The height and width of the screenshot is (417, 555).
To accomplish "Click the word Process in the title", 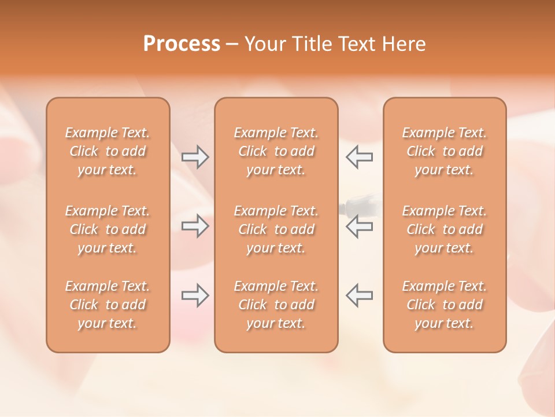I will coord(182,44).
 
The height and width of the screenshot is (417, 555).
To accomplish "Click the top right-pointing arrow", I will coord(195,156).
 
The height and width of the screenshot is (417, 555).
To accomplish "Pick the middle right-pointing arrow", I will coord(195,226).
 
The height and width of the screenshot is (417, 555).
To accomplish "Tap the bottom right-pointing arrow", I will coord(195,295).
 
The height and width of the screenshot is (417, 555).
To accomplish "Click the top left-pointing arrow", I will coord(360,156).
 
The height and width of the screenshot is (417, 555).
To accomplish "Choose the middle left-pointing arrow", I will coord(360,226).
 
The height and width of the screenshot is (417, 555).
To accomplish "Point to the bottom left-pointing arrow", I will coord(360,295).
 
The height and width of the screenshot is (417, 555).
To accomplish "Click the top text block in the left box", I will coord(108,151).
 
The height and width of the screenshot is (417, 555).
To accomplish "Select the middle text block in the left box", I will coord(108,229).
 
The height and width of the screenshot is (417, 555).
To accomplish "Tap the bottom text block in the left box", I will coord(108,305).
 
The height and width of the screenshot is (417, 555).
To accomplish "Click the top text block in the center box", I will coord(276,151).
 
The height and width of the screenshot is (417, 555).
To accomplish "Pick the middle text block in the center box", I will coord(276,229).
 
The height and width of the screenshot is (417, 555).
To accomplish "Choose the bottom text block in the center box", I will coord(276,305).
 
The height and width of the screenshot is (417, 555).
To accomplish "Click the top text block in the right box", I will coord(445,151).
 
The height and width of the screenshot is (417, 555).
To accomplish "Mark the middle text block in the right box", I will coord(445,229).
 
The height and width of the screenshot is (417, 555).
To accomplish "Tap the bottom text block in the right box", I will coord(445,305).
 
